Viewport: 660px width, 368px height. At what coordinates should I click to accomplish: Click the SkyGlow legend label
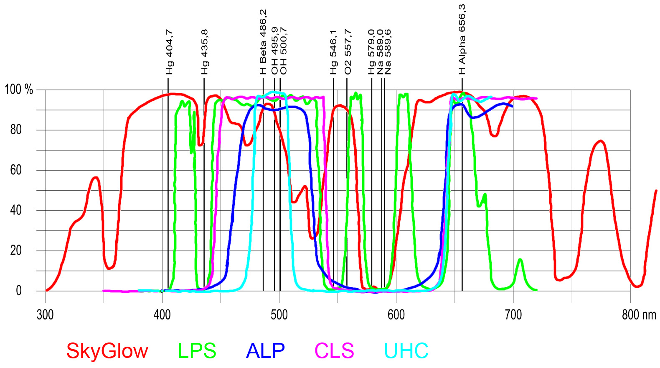tap(107, 351)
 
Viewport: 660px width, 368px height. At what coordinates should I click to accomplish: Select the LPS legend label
tap(197, 351)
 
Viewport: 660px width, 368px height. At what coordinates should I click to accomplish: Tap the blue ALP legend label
tap(265, 351)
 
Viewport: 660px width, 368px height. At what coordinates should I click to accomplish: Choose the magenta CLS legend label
tap(334, 351)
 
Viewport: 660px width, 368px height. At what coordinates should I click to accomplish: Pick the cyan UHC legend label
tap(406, 351)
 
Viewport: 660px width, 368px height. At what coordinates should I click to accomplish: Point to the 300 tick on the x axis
tap(45, 315)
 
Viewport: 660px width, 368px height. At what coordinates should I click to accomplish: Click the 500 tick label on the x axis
tap(279, 315)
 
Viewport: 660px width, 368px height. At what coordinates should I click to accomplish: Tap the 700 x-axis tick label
tap(513, 315)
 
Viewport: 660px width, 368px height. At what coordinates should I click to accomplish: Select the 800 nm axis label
tap(639, 315)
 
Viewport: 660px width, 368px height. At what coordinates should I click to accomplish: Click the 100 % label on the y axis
tap(19, 89)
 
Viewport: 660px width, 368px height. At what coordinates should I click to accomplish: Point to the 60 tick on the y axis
tap(16, 170)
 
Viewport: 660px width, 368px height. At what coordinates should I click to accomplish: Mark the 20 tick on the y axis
tap(16, 250)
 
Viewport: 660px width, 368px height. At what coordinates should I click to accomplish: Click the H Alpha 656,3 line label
tap(462, 40)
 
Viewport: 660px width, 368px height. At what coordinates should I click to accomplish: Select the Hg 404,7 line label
tap(169, 52)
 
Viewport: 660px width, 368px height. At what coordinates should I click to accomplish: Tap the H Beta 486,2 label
tap(263, 42)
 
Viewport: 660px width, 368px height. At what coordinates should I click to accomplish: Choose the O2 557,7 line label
tap(348, 52)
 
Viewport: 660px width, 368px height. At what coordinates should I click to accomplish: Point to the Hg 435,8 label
tap(204, 52)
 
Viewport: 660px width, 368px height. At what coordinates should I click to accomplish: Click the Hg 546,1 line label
tap(333, 52)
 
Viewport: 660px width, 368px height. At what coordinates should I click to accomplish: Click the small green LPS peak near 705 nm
tap(520, 261)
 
